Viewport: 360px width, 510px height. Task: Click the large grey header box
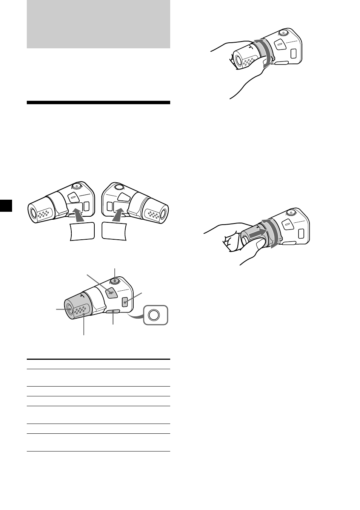(x=98, y=24)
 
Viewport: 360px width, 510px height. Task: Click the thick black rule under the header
(x=98, y=102)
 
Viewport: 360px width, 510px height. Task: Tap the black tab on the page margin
(x=6, y=206)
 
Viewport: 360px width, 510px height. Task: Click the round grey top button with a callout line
(x=115, y=280)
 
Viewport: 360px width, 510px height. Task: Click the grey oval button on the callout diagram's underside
(x=113, y=311)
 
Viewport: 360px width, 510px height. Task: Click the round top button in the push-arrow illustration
(x=290, y=213)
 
